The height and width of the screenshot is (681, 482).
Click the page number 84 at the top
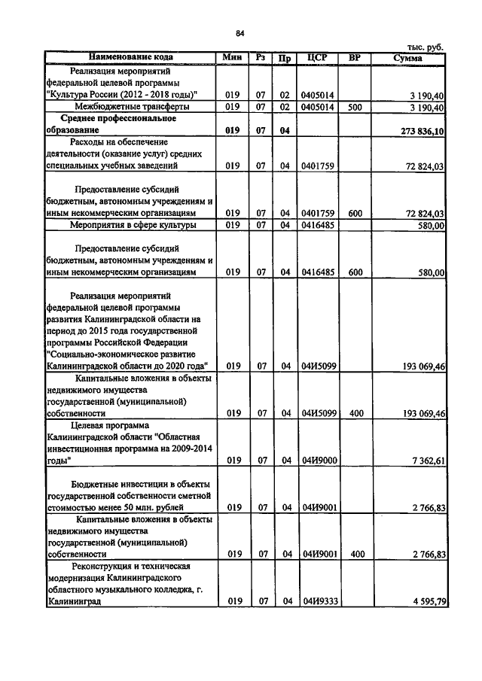click(x=240, y=33)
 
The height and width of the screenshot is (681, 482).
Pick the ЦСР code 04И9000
click(x=319, y=461)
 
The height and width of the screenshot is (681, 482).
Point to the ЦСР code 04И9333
click(x=319, y=601)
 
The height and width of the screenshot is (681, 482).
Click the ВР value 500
click(x=355, y=108)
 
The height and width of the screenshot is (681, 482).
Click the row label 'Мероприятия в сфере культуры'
click(x=133, y=225)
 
